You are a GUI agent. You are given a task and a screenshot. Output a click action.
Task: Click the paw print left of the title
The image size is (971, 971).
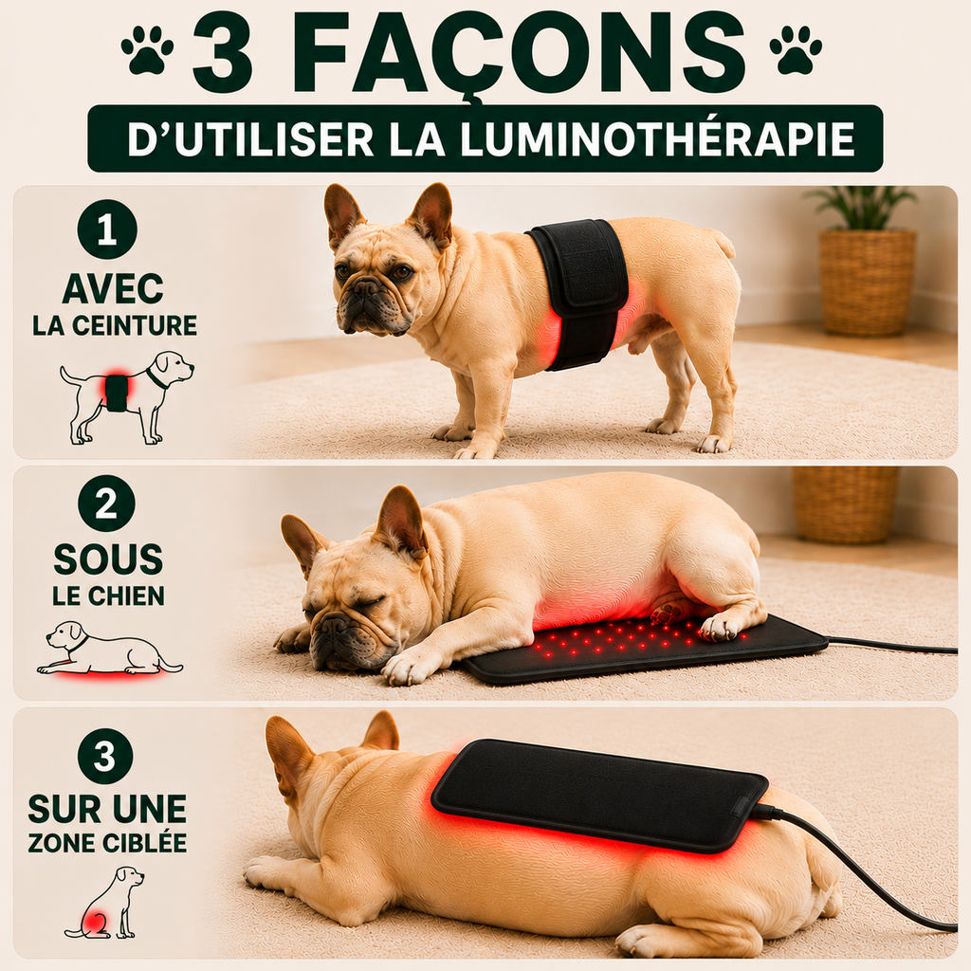147,50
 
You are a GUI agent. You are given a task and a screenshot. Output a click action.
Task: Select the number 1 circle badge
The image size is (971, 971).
106,229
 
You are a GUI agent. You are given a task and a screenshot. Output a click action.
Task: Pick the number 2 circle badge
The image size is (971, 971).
106,504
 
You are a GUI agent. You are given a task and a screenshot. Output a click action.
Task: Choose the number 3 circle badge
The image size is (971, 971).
106,756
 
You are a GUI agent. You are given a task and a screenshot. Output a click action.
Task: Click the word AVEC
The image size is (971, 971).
113,288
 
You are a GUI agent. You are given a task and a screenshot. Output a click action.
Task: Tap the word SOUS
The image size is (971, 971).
108,559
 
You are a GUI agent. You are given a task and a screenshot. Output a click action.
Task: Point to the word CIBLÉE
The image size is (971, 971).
147,842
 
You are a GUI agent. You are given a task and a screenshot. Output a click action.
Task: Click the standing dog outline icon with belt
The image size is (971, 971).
126,396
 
